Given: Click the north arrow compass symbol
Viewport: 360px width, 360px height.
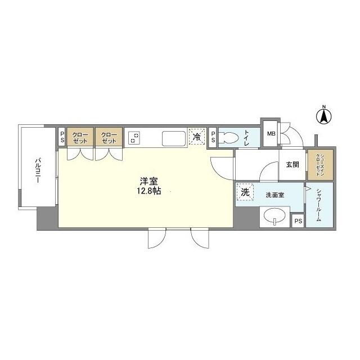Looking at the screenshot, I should [324, 115].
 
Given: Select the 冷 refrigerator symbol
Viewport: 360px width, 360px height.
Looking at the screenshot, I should [196, 137].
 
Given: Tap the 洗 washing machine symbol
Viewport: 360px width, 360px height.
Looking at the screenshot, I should [245, 192].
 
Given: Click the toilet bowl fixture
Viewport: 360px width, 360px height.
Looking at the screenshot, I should [228, 137].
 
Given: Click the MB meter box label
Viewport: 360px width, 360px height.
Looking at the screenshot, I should [271, 134].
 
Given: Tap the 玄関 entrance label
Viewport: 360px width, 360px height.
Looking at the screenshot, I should [292, 165].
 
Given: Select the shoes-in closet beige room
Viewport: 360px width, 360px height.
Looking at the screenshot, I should [320, 163].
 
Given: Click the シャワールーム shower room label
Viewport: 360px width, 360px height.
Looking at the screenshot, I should [318, 204].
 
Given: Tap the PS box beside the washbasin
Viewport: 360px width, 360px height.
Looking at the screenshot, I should [298, 221].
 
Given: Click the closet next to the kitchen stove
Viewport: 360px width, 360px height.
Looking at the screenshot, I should [109, 137].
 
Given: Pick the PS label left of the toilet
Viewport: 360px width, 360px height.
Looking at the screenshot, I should [213, 137].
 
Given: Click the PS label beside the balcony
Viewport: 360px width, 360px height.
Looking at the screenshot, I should [62, 137].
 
